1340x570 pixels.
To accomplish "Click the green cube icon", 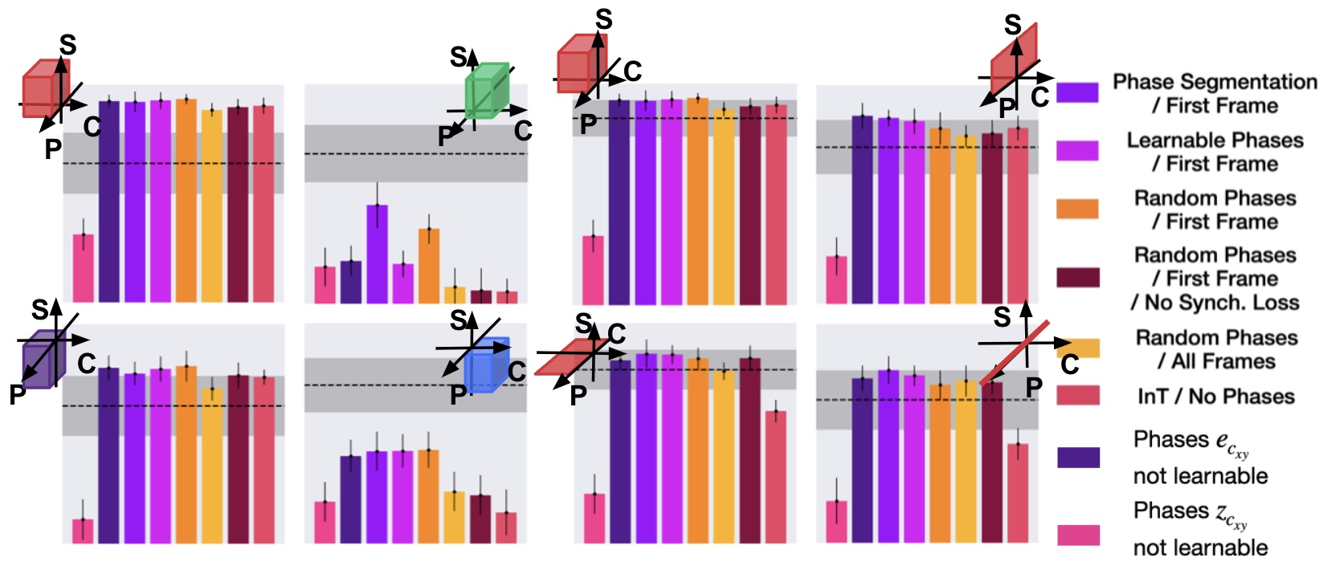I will pos(487,92).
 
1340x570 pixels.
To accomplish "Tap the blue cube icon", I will pos(487,365).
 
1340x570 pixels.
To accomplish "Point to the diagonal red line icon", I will pos(1014,354).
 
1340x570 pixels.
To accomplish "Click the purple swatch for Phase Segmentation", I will pos(1076,92).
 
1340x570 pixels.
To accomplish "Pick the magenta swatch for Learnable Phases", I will pos(1076,151).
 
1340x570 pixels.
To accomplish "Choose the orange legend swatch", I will pos(1076,209).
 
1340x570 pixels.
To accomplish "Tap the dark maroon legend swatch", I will pos(1076,278).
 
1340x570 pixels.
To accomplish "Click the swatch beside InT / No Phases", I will pos(1076,395).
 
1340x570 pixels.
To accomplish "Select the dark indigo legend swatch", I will pos(1076,457).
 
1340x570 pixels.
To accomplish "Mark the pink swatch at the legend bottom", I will pos(1076,535).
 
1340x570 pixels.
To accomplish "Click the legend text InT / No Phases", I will pos(1215,396).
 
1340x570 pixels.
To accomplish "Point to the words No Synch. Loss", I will pos(1215,303).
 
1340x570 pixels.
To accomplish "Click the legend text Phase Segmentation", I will pos(1215,82).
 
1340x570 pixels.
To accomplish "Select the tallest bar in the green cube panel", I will pos(377,254).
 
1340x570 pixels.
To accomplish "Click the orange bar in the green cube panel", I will pos(428,266).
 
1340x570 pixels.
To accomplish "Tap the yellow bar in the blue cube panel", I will pos(454,517).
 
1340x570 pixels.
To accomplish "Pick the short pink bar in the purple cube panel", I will pos(83,531).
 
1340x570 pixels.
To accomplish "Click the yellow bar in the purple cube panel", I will pos(212,466).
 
